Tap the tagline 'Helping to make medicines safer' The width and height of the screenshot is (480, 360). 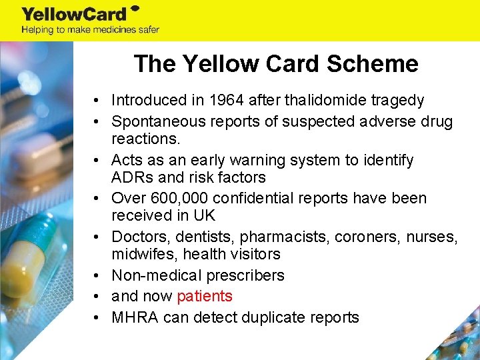pyautogui.click(x=90, y=29)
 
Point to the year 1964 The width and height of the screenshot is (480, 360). pyautogui.click(x=227, y=101)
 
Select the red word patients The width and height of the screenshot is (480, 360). pyautogui.click(x=205, y=297)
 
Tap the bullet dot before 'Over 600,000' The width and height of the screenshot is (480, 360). pyautogui.click(x=97, y=199)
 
